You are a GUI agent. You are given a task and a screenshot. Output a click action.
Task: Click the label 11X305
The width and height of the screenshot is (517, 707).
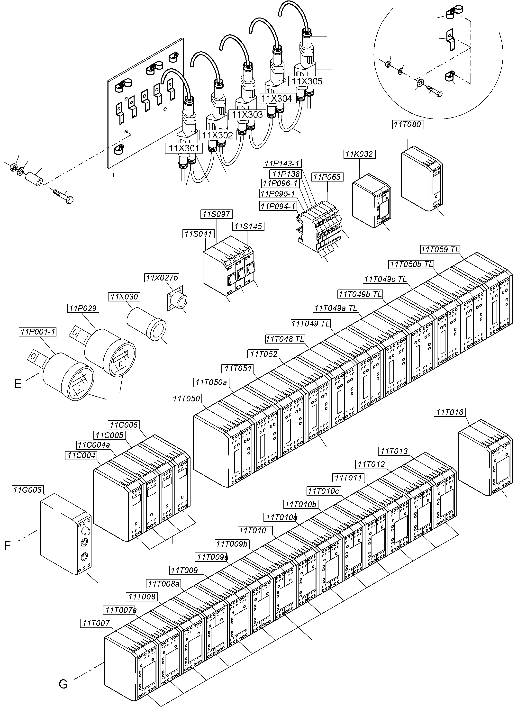(x=307, y=81)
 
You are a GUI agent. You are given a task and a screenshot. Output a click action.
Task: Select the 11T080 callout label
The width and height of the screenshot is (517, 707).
(x=407, y=125)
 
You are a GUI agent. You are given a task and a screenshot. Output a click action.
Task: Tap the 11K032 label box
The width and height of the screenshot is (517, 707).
(x=359, y=154)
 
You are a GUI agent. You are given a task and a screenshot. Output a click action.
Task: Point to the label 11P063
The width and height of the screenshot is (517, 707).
(x=327, y=177)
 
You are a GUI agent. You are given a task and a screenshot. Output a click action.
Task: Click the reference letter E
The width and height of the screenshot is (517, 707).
(x=18, y=384)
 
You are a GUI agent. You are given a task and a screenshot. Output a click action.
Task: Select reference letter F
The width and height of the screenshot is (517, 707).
(x=7, y=545)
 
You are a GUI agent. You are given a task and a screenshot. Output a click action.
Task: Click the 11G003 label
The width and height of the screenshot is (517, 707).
(x=27, y=489)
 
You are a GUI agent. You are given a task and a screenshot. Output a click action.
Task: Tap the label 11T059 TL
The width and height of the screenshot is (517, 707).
(x=440, y=249)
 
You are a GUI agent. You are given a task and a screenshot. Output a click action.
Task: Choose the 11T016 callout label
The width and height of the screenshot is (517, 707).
(x=449, y=412)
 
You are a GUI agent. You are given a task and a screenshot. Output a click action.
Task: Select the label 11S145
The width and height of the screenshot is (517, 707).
(x=248, y=226)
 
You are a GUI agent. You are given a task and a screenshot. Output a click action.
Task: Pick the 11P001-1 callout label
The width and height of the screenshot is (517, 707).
(x=37, y=332)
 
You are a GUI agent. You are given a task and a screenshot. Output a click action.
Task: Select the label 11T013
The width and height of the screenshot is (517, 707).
(x=394, y=451)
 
